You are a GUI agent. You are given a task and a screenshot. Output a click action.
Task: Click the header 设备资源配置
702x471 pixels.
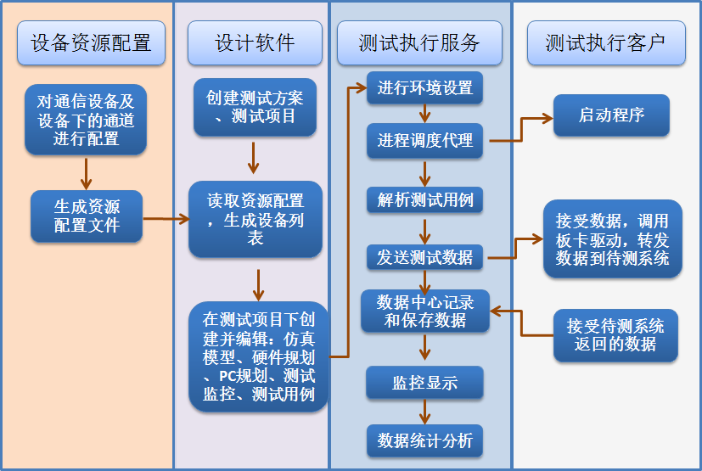[x=91, y=43]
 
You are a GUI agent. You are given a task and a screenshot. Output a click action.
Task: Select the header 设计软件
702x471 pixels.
[x=255, y=43]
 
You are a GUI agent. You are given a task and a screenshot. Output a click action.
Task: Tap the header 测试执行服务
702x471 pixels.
[x=419, y=43]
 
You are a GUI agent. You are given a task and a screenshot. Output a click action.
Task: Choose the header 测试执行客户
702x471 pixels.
[x=606, y=43]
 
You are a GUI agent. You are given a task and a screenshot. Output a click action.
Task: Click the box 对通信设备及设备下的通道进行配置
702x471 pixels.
[x=86, y=120]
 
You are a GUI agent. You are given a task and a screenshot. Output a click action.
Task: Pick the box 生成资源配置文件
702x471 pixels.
[x=87, y=216]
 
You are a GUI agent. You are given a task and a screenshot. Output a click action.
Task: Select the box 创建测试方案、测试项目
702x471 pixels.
[x=255, y=107]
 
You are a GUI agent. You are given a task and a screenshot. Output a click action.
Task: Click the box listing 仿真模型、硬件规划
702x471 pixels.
[x=258, y=357]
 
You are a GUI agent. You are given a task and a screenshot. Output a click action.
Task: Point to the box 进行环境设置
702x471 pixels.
[x=424, y=88]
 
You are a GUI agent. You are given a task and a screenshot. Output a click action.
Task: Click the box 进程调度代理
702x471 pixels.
[x=424, y=141]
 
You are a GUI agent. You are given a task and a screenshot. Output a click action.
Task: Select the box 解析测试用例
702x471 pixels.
[x=424, y=200]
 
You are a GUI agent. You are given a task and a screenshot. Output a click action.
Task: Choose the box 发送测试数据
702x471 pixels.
[x=424, y=257]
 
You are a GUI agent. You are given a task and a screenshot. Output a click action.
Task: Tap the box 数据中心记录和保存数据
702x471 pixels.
[x=424, y=311]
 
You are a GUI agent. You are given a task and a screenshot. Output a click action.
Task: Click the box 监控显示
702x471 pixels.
[x=424, y=383]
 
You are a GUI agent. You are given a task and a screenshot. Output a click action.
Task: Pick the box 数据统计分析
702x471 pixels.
[x=424, y=440]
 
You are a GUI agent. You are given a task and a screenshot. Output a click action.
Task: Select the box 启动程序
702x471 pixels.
[x=611, y=115]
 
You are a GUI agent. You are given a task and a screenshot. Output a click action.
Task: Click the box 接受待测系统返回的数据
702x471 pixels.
[x=611, y=334]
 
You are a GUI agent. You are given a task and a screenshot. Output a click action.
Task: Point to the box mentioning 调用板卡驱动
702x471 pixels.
[x=611, y=240]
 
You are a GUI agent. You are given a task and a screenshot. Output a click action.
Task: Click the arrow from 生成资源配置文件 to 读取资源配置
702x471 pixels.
[x=166, y=219]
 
